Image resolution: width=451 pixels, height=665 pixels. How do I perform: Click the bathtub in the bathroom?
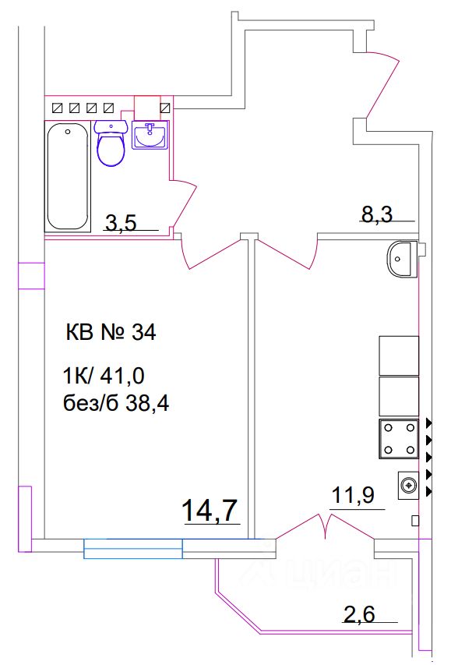coord(68,175)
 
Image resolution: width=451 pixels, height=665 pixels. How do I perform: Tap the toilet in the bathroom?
coord(111,143)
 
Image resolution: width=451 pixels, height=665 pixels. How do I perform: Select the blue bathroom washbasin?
coord(149,136)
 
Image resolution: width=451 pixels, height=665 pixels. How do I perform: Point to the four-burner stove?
coord(398,439)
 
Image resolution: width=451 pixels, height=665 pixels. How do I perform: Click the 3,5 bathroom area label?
coord(121,223)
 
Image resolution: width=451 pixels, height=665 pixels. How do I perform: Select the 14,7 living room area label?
coord(209,511)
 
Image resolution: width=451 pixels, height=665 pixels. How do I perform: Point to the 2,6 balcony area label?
coord(359,614)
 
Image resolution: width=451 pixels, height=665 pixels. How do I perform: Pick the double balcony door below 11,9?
coord(326,528)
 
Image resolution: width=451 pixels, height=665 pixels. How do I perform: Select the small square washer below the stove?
coord(407,486)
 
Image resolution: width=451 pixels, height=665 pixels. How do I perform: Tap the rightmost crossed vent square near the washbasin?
coord(165,108)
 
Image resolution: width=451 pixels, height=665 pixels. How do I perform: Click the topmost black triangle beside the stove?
coord(429,423)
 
